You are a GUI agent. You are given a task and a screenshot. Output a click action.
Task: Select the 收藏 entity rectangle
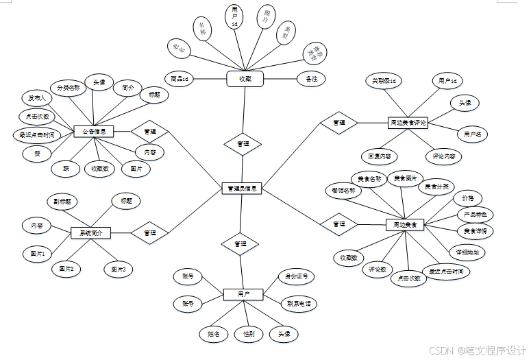coord(245,80)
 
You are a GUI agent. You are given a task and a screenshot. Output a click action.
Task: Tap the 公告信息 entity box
coord(93,131)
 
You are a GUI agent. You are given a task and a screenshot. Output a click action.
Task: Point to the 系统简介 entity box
coord(90,233)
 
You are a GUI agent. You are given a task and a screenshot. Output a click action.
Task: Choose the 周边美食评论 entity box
coord(407,123)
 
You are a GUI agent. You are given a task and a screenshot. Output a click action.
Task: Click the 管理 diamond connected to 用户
coord(240,244)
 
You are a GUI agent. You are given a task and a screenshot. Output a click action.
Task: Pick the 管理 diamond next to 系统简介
coord(150,233)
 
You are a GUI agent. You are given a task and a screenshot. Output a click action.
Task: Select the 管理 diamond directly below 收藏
coord(243,144)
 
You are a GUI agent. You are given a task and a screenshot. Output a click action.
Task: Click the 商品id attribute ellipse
coord(178,79)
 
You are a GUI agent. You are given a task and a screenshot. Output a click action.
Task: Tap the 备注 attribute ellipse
coord(311,80)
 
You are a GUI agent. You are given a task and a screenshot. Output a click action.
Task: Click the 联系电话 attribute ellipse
coord(299,302)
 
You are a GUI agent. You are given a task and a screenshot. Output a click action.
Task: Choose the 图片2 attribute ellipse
coord(66,269)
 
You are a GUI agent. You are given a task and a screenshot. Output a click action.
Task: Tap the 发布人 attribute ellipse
coord(34,98)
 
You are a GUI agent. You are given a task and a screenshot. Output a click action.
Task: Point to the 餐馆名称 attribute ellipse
coord(343,190)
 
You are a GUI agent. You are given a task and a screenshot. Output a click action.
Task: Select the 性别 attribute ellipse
coord(249,334)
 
